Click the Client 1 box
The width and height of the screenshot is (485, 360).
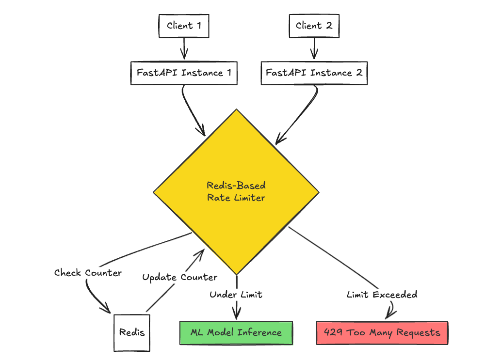coord(184,26)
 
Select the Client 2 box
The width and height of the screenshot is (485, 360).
coord(314,26)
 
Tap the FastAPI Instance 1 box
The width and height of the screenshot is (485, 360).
coord(184,73)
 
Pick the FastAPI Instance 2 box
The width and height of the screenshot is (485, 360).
coord(314,73)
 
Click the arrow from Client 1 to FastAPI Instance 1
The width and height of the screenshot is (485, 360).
coord(184,48)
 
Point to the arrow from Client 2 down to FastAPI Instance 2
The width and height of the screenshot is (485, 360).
coord(314,48)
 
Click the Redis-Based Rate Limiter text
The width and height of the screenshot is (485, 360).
coord(236,191)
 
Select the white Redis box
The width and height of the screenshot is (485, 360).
coord(132,332)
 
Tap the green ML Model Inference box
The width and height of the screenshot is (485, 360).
coord(236,332)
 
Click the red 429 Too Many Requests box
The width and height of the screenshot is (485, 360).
coord(382,333)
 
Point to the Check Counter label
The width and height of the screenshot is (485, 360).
coord(88,273)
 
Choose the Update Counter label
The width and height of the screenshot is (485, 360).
coord(179,277)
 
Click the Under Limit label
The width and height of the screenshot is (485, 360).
coord(236,294)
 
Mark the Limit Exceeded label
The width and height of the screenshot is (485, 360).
coord(382,294)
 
